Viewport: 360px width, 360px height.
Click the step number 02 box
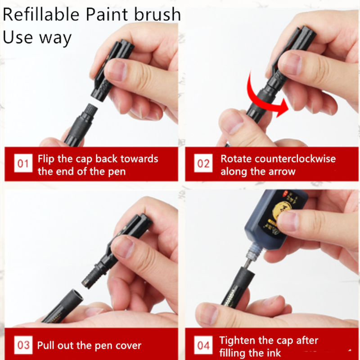[203, 164]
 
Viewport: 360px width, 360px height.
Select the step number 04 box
[203, 346]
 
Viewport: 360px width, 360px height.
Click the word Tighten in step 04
[238, 340]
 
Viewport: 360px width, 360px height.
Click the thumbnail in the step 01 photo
[116, 71]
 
